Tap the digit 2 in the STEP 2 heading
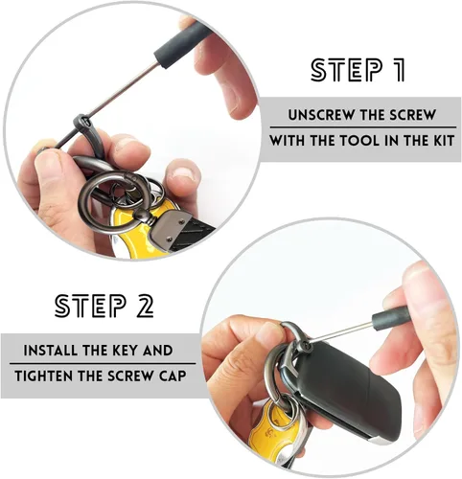pos(145,306)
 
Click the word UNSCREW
pos(314,115)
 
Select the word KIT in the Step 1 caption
pos(444,141)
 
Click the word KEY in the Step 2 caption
pos(126,351)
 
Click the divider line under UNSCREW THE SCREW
pos(363,127)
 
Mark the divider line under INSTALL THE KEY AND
pos(103,363)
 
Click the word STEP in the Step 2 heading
pos(90,306)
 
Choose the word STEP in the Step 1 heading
pos(346,70)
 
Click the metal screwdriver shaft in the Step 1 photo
pos(105,104)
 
